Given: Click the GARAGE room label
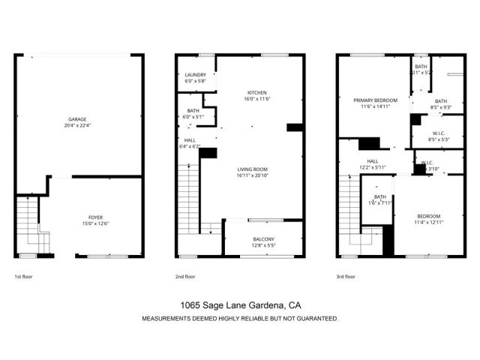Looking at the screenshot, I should (76, 119).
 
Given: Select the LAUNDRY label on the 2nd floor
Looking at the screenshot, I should (196, 75).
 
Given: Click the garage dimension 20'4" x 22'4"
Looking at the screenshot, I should (76, 125).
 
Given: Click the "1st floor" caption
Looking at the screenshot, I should (23, 277).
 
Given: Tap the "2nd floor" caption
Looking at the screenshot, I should (185, 277).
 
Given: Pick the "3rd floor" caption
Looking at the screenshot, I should (346, 277).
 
